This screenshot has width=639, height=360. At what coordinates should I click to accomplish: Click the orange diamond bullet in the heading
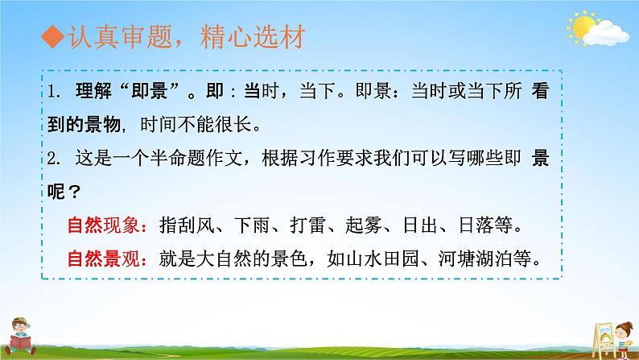coord(52,37)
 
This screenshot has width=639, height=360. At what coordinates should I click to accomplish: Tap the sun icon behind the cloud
coord(582,27)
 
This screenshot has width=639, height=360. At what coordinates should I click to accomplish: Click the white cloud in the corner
coord(606,34)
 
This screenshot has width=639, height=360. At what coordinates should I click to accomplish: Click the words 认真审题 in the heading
coord(119,37)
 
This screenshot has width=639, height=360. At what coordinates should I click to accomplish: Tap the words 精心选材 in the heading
coord(252,37)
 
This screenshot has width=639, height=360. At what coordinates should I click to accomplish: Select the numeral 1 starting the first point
coord(52,91)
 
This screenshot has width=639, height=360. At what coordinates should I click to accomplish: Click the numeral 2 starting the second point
coord(52,158)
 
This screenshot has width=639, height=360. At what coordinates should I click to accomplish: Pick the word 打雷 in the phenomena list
coord(308,225)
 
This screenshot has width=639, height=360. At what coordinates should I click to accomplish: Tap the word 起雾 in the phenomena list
coord(364,225)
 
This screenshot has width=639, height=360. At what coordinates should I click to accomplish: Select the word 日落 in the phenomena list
coord(476,225)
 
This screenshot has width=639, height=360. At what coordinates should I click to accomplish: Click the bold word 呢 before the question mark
coord(56,191)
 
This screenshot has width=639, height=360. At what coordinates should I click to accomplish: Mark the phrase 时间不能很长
coord(196,124)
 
